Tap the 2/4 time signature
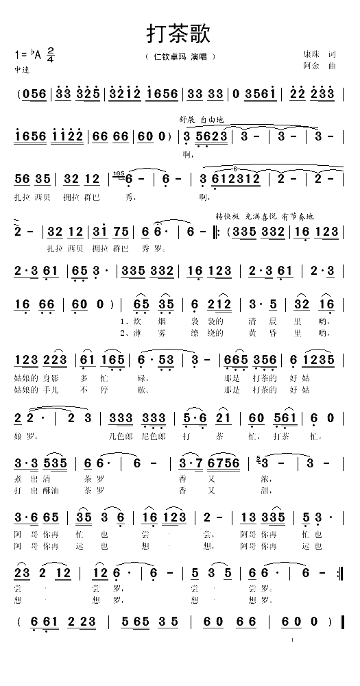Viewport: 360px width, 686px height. pyautogui.click(x=51, y=54)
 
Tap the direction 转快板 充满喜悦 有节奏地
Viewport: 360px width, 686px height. pyautogui.click(x=264, y=216)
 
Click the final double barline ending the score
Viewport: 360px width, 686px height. pyautogui.click(x=340, y=622)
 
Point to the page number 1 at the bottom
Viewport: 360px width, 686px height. pyautogui.click(x=293, y=641)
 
